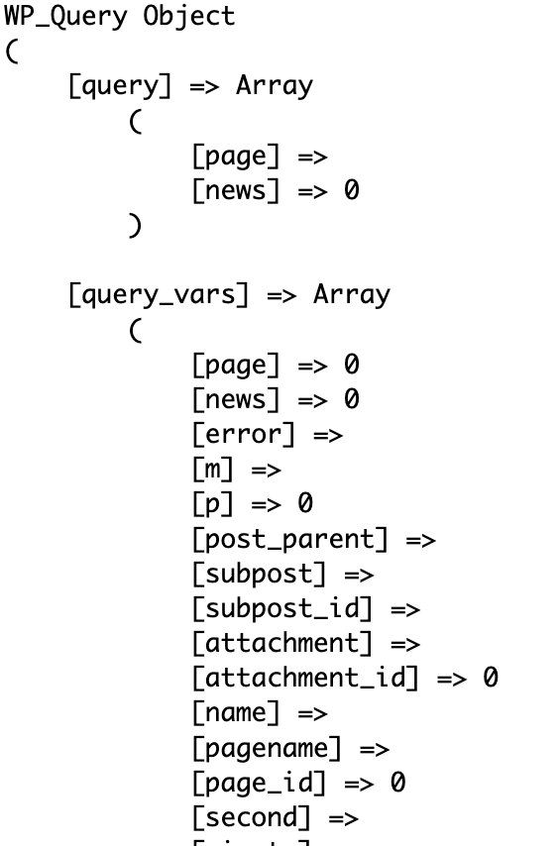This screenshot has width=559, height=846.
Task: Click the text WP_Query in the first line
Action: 65,17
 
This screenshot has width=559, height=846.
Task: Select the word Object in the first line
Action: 189,16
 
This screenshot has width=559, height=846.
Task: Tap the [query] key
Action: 120,86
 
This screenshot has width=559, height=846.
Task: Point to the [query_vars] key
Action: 159,295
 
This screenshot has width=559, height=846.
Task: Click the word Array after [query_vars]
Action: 352,295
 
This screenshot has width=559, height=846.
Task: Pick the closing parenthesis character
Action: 135,226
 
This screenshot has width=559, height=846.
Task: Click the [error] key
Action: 244,434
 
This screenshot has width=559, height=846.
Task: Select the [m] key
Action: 213,469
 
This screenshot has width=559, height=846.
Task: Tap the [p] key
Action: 213,504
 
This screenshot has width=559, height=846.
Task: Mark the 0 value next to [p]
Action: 305,503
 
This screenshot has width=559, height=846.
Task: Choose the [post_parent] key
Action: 290,539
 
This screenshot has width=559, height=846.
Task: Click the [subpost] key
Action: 260,574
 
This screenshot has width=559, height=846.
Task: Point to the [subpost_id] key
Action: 282,608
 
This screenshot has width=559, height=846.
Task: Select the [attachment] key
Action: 282,643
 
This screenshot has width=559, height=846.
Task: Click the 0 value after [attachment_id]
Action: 491,678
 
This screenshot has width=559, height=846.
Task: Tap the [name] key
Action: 236,712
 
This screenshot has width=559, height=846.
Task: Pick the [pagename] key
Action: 267,748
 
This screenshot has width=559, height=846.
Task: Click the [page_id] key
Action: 260,783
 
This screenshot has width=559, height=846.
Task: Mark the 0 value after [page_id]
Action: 397,782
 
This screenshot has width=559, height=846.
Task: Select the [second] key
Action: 252,817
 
